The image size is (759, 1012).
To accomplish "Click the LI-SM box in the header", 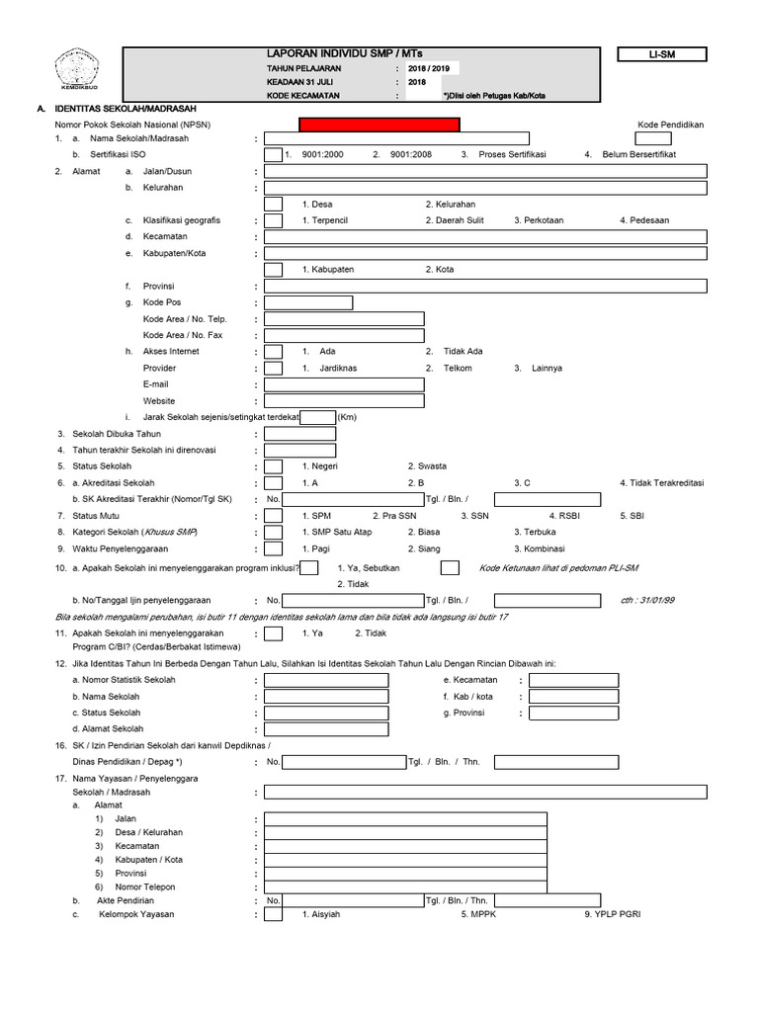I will (661, 55).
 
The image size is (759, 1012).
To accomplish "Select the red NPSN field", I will (379, 125).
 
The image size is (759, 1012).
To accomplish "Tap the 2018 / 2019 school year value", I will (427, 68).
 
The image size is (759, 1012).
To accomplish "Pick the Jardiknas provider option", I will (339, 368).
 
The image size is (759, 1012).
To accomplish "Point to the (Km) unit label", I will (347, 417).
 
